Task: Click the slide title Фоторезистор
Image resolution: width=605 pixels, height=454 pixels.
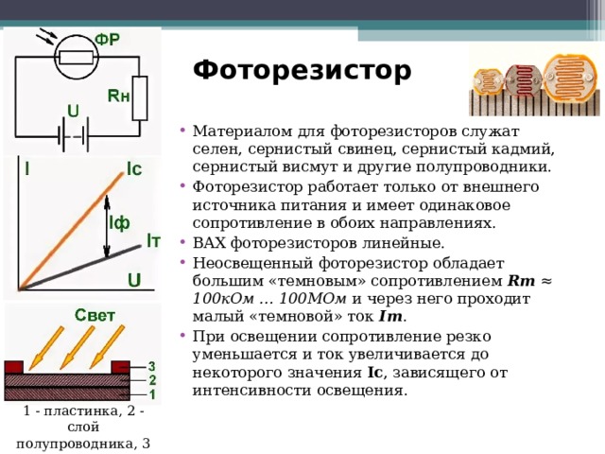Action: (x=302, y=71)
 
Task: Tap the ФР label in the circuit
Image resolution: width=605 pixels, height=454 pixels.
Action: (x=108, y=39)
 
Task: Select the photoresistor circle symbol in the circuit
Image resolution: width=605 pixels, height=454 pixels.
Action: (x=77, y=57)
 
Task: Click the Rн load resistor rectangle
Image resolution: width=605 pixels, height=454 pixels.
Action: (x=140, y=98)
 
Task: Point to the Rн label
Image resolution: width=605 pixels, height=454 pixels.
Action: (x=118, y=96)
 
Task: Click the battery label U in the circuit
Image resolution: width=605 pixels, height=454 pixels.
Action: (x=73, y=112)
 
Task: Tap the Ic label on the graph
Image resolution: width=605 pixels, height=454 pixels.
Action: (x=134, y=169)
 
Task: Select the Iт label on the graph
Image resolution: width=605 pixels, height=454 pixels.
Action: (x=153, y=241)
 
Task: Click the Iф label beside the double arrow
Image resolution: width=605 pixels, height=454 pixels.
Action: (x=119, y=223)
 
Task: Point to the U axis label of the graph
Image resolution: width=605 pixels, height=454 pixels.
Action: (x=134, y=280)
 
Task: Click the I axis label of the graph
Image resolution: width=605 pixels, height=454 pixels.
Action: (x=27, y=168)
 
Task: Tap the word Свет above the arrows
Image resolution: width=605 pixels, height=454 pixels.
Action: (x=95, y=315)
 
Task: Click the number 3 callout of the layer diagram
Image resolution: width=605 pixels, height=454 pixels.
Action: (x=151, y=366)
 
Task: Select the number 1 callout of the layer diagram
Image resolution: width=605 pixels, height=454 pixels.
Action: (x=152, y=394)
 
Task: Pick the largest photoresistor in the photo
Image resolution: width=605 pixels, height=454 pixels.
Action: (x=568, y=79)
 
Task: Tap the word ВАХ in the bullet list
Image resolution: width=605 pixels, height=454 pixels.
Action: (x=210, y=243)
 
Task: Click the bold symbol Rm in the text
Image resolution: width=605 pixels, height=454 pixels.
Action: (x=521, y=281)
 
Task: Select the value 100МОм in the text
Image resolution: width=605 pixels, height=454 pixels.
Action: (x=313, y=299)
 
